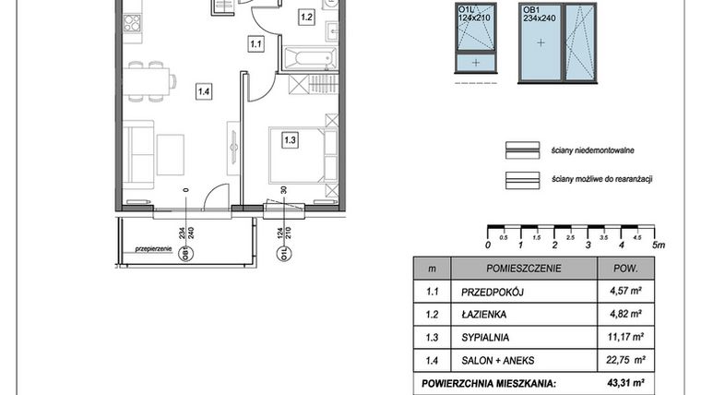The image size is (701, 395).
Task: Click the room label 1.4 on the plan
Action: [203, 90]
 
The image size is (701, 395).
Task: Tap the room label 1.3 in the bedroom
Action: [290, 140]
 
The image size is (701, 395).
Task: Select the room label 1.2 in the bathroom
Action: [306, 17]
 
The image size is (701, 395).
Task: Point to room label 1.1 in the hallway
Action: [256, 42]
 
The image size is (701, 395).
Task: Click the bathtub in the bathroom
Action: [310, 59]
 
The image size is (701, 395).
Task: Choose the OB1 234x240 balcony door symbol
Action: [557, 43]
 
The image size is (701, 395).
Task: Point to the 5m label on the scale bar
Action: [657, 245]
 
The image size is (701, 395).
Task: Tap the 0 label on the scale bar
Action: [487, 245]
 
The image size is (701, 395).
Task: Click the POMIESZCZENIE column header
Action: [505, 269]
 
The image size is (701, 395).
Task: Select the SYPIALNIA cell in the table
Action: [485, 338]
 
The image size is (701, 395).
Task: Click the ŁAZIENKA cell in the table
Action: [484, 315]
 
